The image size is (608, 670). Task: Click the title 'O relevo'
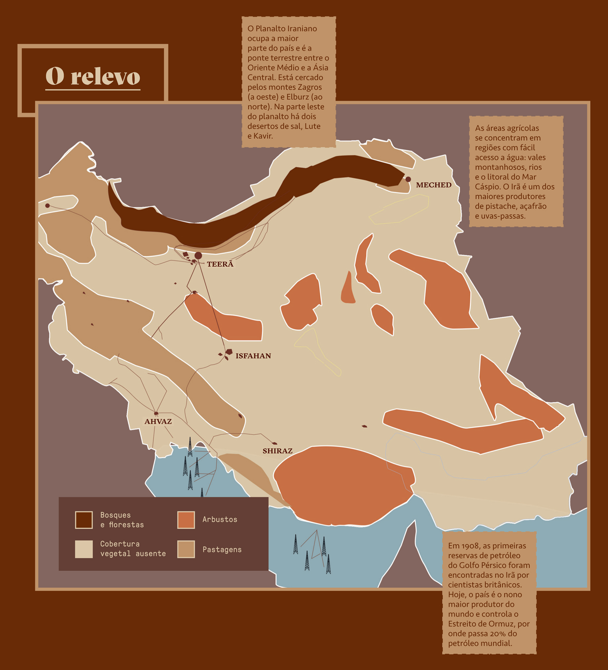(x=93, y=76)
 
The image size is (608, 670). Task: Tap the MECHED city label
(x=433, y=185)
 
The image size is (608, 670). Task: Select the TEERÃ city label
(x=220, y=264)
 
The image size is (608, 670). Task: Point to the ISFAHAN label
(x=253, y=356)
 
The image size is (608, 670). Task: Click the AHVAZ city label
(x=158, y=421)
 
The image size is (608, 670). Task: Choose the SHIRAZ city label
(x=278, y=451)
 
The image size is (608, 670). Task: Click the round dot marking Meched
(x=408, y=179)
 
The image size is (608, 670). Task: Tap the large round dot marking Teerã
(x=198, y=256)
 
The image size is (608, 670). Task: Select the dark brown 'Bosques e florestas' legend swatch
(x=84, y=520)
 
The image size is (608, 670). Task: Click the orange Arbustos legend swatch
(x=186, y=520)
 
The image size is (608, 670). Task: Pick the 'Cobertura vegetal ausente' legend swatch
(x=84, y=549)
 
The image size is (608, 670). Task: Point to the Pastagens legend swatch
(x=186, y=549)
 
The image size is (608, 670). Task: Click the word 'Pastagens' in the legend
(x=222, y=550)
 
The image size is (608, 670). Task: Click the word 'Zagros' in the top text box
(x=310, y=87)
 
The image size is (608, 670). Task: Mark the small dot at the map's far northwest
(x=48, y=206)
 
